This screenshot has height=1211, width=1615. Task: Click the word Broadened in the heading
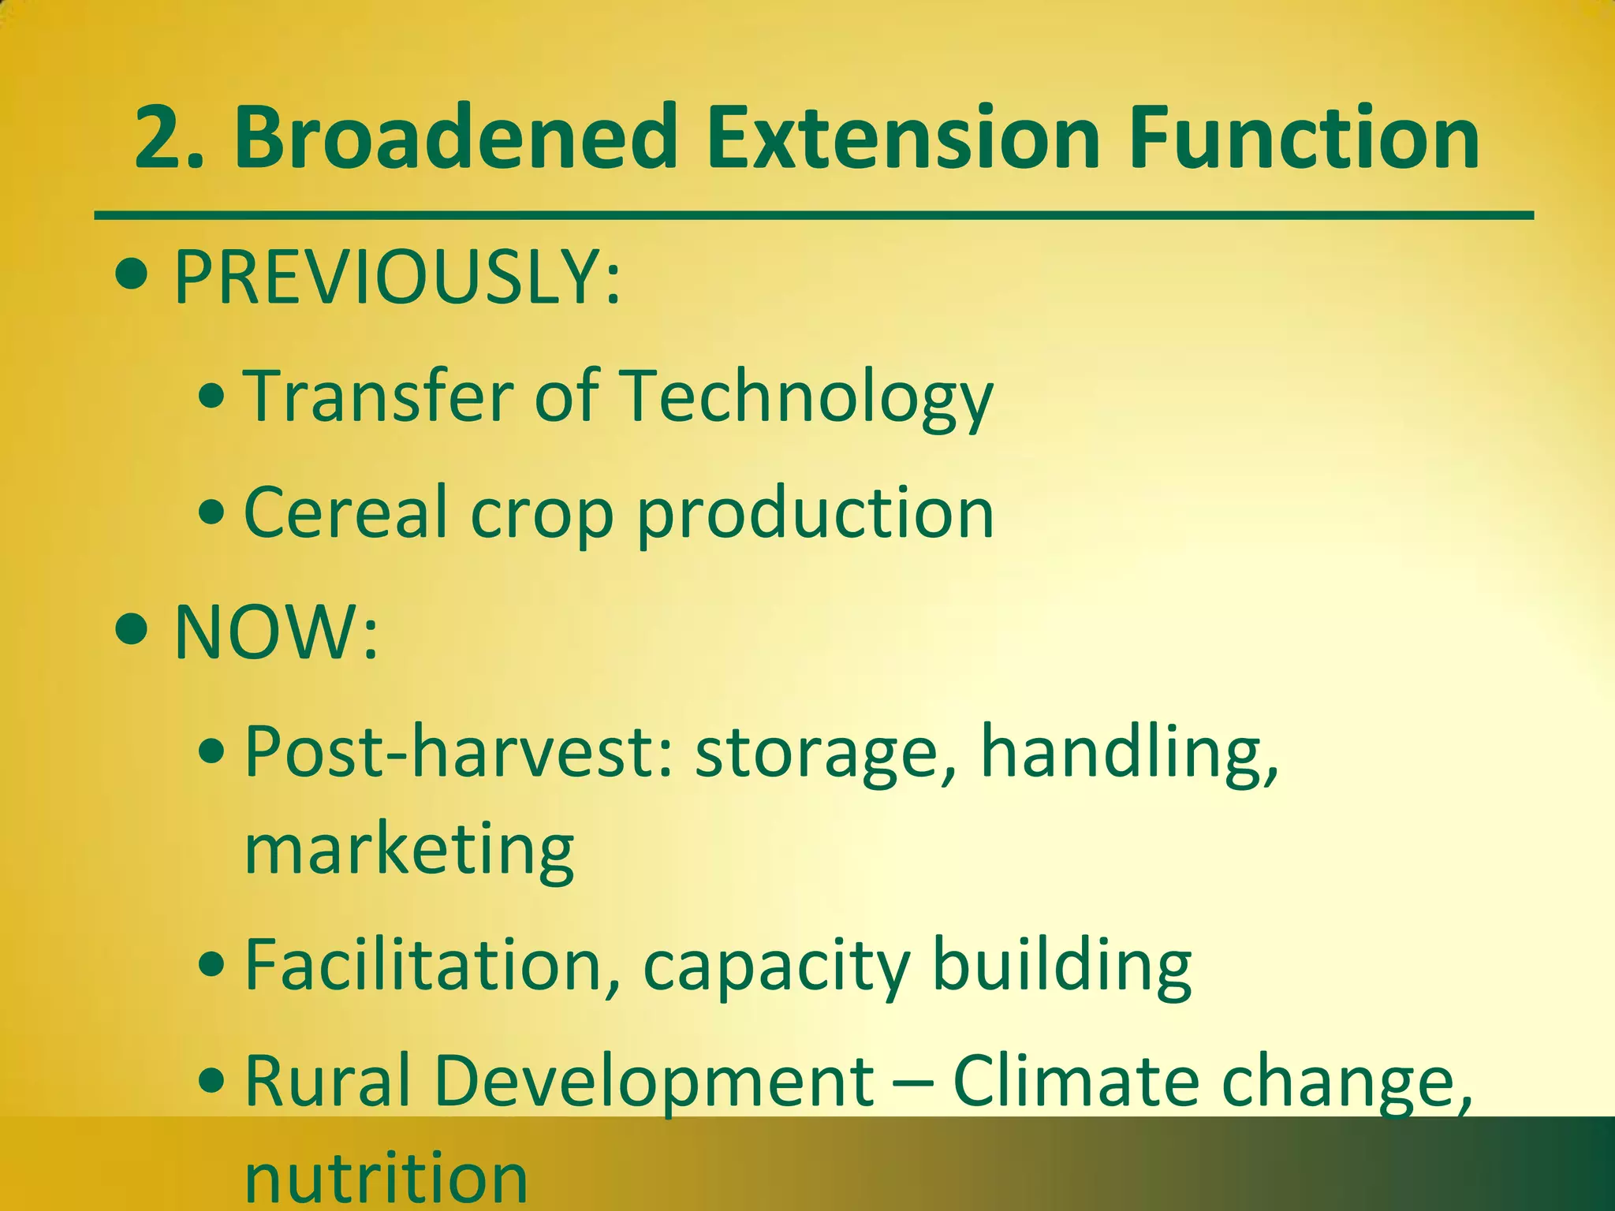pos(456,139)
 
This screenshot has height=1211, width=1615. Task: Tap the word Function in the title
pos(1304,139)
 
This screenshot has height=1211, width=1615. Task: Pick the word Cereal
pos(345,512)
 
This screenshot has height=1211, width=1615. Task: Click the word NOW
pos(267,632)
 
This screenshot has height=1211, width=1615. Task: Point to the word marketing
pos(409,851)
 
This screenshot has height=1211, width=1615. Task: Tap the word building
pos(1061,967)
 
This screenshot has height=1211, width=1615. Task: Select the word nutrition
pos(386,1179)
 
